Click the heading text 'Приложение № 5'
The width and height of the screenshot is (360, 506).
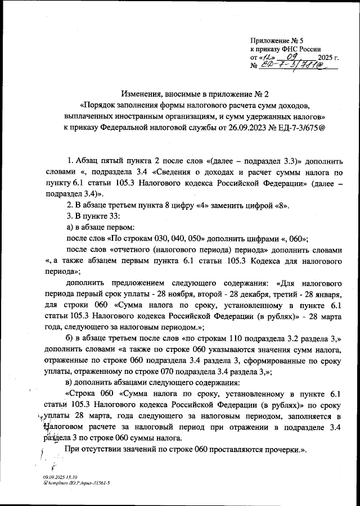point(277,40)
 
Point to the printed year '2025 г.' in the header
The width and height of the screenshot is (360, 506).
point(328,58)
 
